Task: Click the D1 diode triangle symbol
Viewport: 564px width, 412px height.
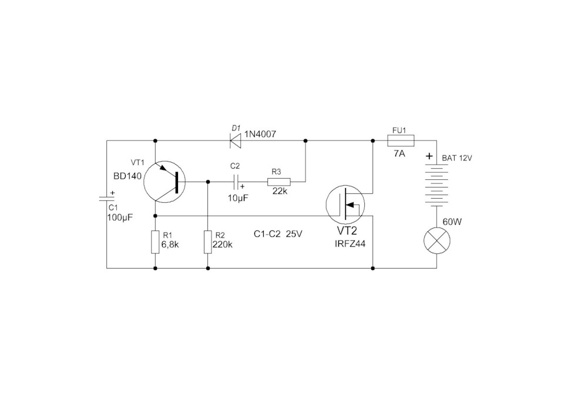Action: point(236,140)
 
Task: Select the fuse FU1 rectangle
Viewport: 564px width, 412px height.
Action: point(400,140)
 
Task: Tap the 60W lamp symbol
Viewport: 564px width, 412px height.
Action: point(437,241)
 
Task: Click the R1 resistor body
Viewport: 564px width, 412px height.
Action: point(155,242)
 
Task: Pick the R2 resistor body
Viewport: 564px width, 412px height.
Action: point(208,242)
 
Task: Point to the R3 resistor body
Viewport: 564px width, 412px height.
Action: point(278,182)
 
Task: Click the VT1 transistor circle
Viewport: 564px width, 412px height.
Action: point(164,182)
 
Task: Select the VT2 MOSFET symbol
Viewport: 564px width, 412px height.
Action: point(345,205)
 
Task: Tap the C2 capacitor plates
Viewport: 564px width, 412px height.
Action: point(236,182)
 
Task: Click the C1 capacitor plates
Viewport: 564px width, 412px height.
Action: point(107,199)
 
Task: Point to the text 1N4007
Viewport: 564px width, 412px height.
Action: point(260,134)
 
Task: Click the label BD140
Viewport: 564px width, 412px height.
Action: point(127,176)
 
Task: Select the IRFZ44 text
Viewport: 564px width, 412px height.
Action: point(350,243)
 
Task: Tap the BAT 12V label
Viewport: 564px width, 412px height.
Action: point(457,158)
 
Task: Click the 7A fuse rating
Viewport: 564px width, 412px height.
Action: point(399,153)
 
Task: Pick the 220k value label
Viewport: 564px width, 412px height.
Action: point(222,244)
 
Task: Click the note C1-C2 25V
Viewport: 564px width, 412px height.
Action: point(278,234)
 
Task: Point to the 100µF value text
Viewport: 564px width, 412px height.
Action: point(120,217)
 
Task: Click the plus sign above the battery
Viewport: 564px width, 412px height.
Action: point(429,156)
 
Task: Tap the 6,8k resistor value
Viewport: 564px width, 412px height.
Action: point(170,244)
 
